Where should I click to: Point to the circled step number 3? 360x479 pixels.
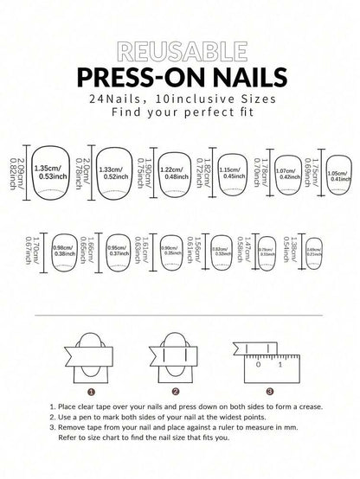269,391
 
